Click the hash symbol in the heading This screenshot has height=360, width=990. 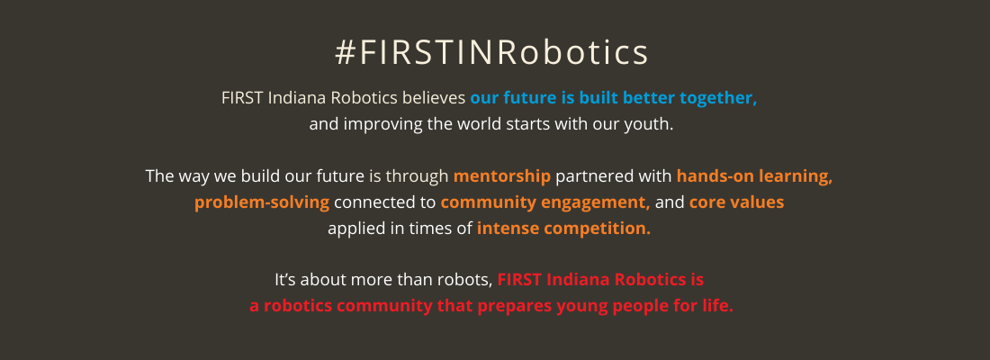click(345, 52)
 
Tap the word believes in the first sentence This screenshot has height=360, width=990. click(434, 98)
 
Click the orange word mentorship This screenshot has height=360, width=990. click(502, 176)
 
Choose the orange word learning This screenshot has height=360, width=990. click(796, 176)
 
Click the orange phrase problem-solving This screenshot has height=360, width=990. click(262, 203)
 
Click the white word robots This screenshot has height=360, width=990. click(468, 281)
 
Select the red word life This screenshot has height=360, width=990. click(718, 306)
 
